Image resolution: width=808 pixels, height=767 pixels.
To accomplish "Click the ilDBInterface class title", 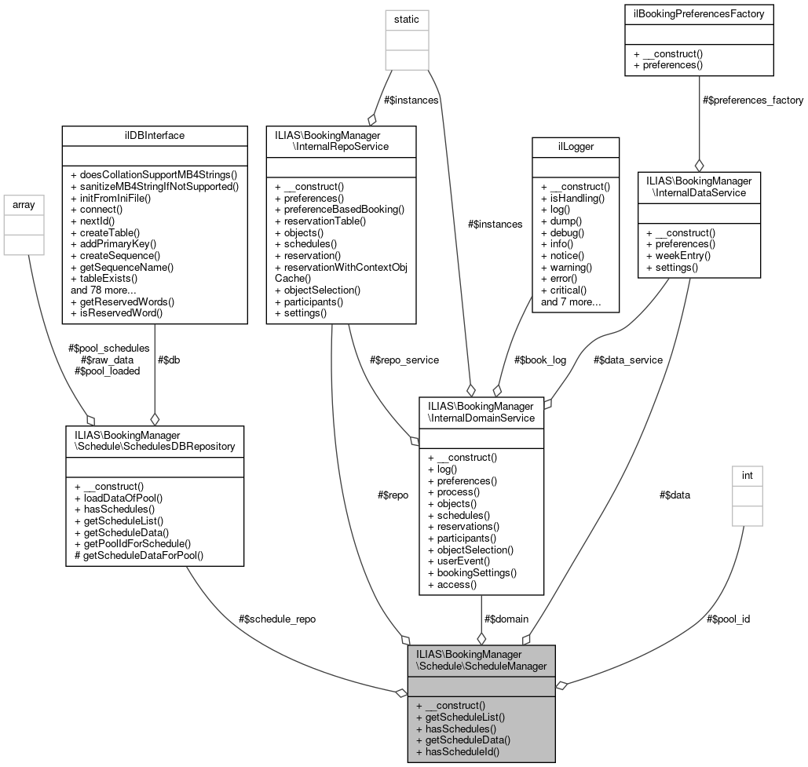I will click(155, 135).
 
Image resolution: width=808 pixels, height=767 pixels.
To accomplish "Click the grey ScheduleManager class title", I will click(481, 659).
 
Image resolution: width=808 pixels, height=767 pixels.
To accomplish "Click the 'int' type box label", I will click(747, 474).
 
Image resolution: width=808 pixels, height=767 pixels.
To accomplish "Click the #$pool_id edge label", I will click(728, 619).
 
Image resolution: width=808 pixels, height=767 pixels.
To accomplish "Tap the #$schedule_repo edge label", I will click(276, 619).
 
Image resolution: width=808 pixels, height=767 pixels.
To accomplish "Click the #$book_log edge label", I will click(540, 360).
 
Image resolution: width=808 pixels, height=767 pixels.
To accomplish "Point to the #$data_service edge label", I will click(628, 360).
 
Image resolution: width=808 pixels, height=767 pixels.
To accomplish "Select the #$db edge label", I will click(170, 360).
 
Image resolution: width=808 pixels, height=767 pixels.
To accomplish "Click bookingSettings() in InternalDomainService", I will click(472, 572).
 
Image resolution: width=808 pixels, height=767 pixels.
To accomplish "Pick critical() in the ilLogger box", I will click(562, 290).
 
